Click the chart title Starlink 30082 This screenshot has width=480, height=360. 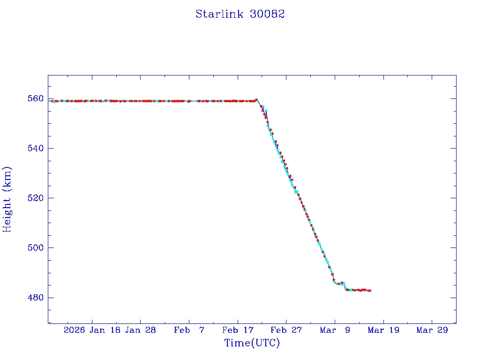tap(240, 14)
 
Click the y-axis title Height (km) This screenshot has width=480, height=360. tap(7, 199)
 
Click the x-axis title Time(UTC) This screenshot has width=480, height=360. tap(252, 343)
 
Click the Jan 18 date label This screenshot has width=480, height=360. tap(105, 330)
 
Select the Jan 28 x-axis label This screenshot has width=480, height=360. tap(141, 330)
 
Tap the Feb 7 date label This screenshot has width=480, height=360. tap(189, 330)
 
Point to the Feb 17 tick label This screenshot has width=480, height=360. tap(238, 330)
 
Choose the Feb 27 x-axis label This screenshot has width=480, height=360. tap(286, 330)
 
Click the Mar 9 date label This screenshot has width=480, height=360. tap(335, 330)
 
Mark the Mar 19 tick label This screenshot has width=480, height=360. tap(383, 330)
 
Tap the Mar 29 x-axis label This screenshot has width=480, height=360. tap(432, 330)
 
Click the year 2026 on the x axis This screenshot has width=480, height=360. tap(75, 330)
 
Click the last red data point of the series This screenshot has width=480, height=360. tap(370, 291)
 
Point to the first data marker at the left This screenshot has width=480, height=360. tap(52, 101)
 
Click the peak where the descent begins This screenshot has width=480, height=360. tap(256, 99)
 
